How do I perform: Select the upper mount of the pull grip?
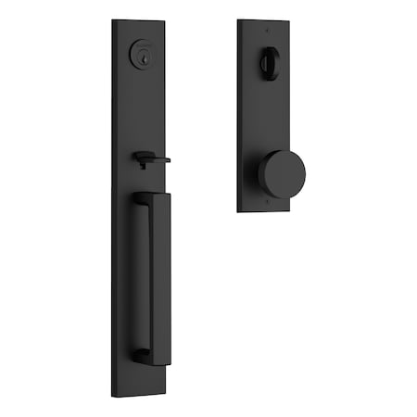click(140, 198)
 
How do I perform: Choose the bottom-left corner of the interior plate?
click(238, 209)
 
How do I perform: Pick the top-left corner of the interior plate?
click(238, 20)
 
